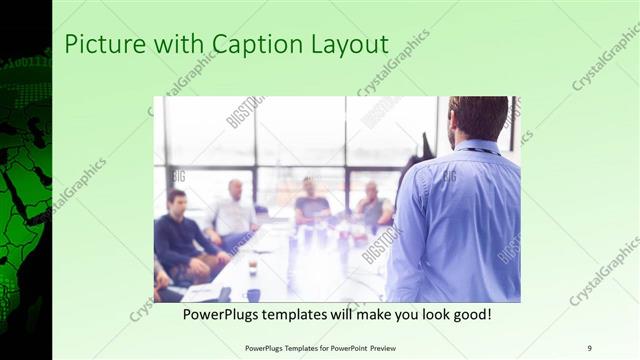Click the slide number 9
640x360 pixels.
pyautogui.click(x=589, y=347)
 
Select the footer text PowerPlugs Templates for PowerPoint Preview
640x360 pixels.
pyautogui.click(x=319, y=347)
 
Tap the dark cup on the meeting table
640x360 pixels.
pyautogui.click(x=253, y=294)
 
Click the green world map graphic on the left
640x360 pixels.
pyautogui.click(x=26, y=200)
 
